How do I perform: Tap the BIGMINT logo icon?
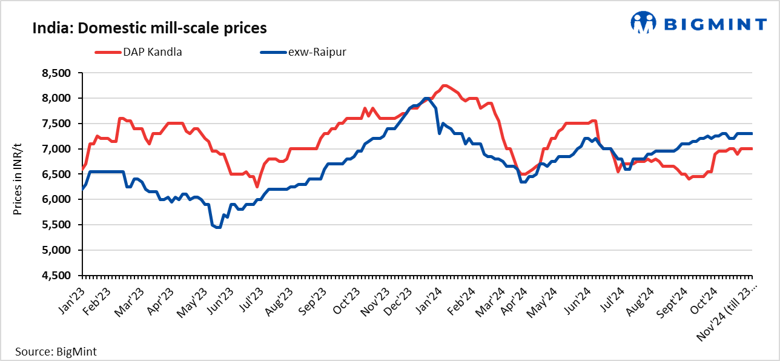click(643, 23)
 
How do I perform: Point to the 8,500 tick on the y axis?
click(56, 73)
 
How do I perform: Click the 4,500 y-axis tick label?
click(56, 276)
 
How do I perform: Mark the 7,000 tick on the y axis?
click(56, 149)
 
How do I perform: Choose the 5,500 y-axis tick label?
click(56, 225)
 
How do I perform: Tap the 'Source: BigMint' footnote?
click(56, 351)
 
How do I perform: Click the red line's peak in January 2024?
click(445, 85)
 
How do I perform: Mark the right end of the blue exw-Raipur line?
click(752, 133)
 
